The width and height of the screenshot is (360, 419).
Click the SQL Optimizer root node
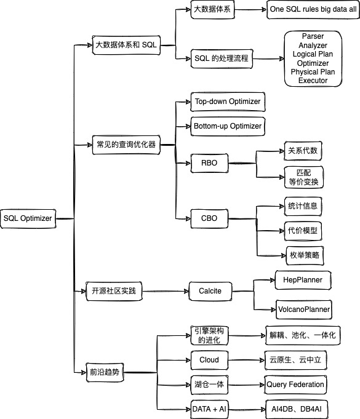click(x=28, y=217)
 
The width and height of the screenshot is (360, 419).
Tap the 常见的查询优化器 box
click(x=126, y=145)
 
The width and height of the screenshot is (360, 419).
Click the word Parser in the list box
click(x=313, y=37)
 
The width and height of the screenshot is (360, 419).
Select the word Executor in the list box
click(x=313, y=81)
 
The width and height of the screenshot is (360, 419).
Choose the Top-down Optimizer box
click(x=228, y=102)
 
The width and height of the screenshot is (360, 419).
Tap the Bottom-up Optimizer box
click(x=228, y=126)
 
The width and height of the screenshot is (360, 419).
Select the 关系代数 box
click(x=303, y=151)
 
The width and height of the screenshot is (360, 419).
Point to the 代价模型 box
click(x=303, y=230)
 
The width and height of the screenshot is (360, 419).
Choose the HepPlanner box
click(x=302, y=280)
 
